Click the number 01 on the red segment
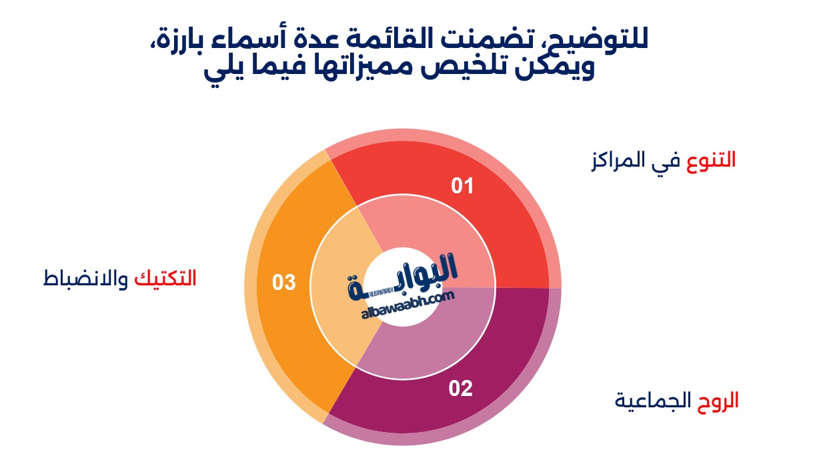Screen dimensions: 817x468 point(462,186)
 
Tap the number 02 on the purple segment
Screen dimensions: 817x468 point(460,389)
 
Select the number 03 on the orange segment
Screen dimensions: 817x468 point(283,283)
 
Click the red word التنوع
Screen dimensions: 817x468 point(711,161)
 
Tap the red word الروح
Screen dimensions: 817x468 point(718,401)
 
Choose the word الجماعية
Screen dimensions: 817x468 point(653,401)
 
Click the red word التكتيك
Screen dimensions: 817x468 point(165,279)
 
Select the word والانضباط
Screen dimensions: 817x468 point(86,279)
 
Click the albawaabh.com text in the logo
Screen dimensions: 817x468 point(408,305)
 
